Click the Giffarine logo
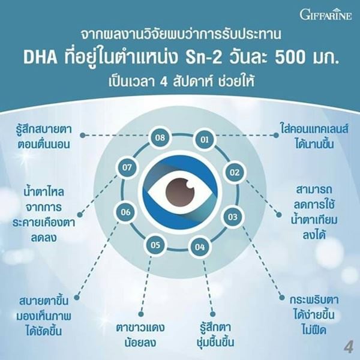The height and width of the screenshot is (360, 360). click(x=326, y=14)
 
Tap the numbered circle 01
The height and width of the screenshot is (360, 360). click(x=205, y=139)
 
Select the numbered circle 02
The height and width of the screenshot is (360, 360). click(x=234, y=172)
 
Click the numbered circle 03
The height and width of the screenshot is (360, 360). click(x=232, y=217)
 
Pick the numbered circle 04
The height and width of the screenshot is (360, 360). click(x=200, y=247)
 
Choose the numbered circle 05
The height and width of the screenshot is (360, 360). click(x=155, y=245)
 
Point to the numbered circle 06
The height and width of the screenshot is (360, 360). click(x=125, y=212)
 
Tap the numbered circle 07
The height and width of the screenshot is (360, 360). click(x=127, y=167)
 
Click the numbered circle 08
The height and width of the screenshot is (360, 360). click(x=160, y=137)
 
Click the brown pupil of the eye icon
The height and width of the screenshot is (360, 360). click(x=180, y=192)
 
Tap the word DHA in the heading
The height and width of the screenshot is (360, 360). click(x=40, y=58)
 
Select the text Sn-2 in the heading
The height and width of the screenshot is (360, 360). click(x=203, y=58)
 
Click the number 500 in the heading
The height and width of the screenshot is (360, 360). click(x=290, y=58)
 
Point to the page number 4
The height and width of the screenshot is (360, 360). click(x=348, y=347)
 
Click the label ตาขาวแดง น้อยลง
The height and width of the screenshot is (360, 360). click(x=140, y=335)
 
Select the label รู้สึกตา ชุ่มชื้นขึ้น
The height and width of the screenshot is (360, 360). click(x=215, y=334)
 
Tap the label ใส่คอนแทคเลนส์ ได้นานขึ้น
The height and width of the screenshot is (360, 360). click(x=314, y=136)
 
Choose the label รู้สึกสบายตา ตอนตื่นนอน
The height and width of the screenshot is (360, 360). click(x=44, y=136)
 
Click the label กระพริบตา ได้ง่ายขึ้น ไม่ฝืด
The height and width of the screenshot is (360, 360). click(x=314, y=315)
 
